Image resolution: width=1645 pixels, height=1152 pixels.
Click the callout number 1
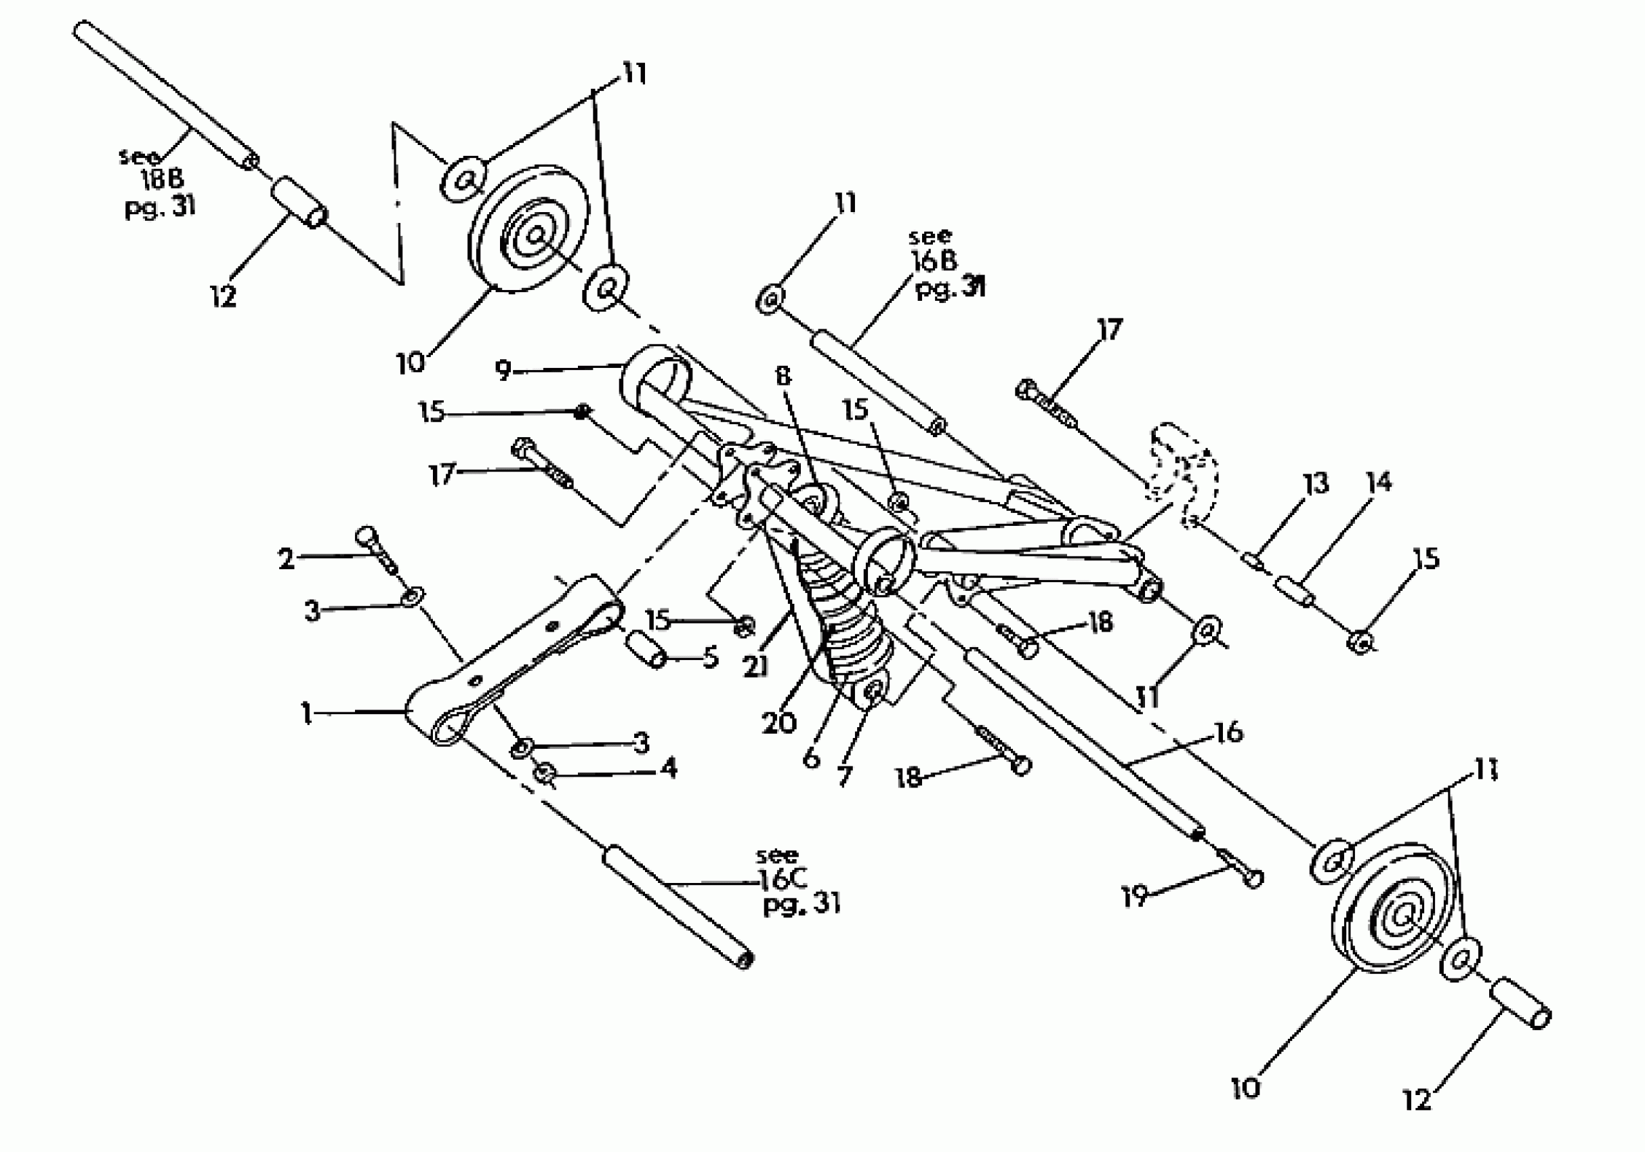pyautogui.click(x=307, y=714)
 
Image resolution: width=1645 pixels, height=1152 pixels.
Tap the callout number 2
pyautogui.click(x=286, y=558)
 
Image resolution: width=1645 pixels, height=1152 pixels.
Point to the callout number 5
pyautogui.click(x=710, y=657)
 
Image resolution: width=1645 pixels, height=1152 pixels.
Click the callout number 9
pyautogui.click(x=503, y=371)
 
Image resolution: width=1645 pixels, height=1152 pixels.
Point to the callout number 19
pyautogui.click(x=1135, y=897)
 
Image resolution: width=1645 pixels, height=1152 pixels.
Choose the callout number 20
pyautogui.click(x=778, y=722)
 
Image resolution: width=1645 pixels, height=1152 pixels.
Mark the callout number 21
pyautogui.click(x=756, y=666)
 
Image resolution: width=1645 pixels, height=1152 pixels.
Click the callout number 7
pyautogui.click(x=845, y=775)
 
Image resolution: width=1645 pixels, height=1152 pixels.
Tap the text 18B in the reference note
pyautogui.click(x=162, y=180)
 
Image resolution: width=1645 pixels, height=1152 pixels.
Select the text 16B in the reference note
pyautogui.click(x=934, y=262)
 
